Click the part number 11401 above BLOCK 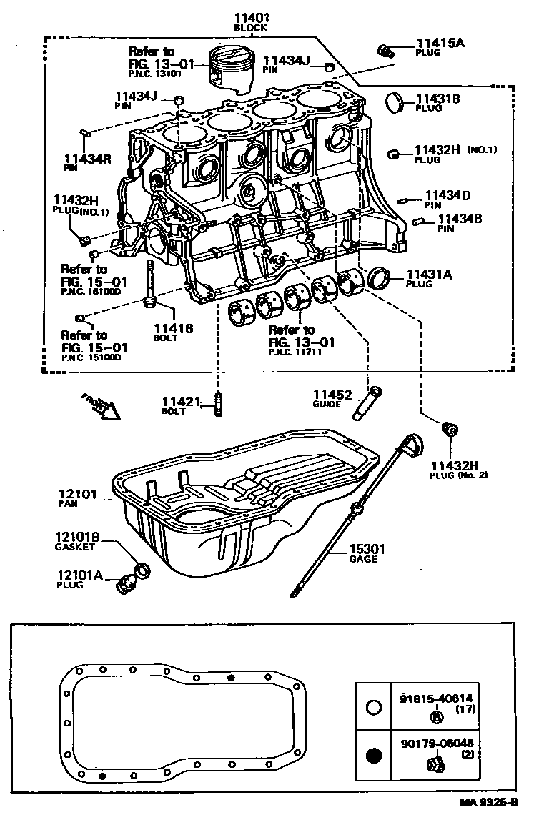[250, 17]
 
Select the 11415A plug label [440, 43]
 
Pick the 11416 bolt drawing [151, 286]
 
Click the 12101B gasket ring [143, 570]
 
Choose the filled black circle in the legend [373, 754]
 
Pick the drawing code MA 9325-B [488, 802]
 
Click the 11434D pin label [448, 194]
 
